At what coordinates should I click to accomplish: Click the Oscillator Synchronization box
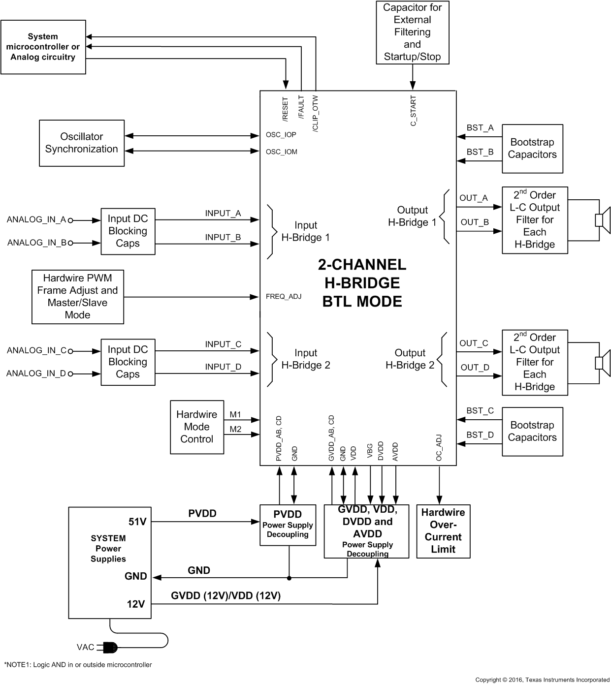(82, 143)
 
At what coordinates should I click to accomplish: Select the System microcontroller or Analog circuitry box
(43, 47)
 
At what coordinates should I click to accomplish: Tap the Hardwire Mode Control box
(196, 427)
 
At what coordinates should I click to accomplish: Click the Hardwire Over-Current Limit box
(443, 531)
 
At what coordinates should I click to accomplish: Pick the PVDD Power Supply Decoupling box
(288, 525)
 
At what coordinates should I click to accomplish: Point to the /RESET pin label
(285, 109)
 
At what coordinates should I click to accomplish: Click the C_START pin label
(413, 111)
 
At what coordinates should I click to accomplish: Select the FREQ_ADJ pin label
(283, 296)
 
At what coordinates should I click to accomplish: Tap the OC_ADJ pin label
(439, 448)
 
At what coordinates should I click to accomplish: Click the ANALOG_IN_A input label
(36, 219)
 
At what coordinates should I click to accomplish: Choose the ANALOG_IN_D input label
(36, 373)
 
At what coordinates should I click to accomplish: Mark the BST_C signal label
(480, 410)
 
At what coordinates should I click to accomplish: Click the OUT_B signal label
(475, 222)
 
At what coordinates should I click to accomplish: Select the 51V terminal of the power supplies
(137, 522)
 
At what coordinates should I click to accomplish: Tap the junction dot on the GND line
(289, 578)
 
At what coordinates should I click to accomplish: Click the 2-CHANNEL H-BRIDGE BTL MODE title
(362, 283)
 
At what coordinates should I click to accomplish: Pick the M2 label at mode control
(235, 429)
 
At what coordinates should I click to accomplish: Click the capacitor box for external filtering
(412, 32)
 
